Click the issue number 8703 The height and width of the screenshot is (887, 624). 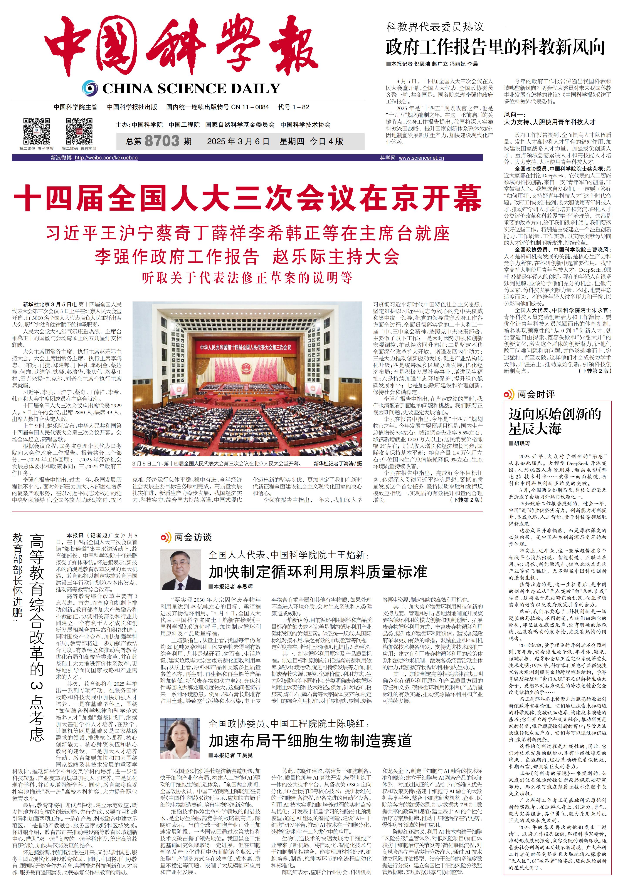[162, 141]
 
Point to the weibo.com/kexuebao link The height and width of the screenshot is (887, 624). [106, 158]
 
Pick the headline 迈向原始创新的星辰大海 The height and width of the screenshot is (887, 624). [555, 421]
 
